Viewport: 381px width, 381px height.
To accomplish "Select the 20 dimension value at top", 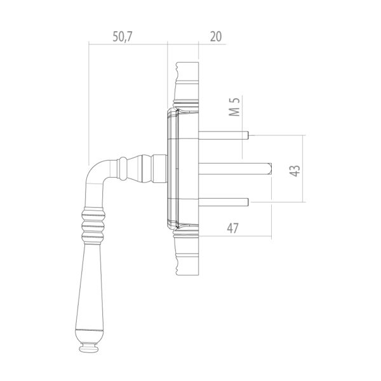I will (216, 36).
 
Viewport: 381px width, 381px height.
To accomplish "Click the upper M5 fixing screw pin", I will (225, 135).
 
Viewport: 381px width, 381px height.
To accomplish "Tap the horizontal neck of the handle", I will (137, 169).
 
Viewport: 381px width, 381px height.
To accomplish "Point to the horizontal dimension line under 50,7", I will (127, 44).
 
